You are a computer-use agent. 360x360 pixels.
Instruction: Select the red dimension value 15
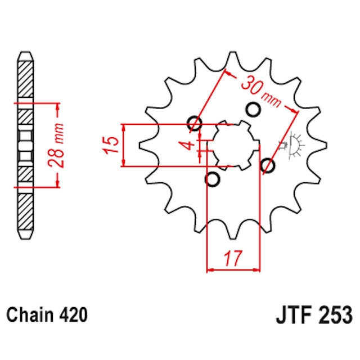(112, 145)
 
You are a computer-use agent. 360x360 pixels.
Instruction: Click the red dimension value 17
(234, 259)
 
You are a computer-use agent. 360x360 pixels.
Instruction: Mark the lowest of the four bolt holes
(213, 179)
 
